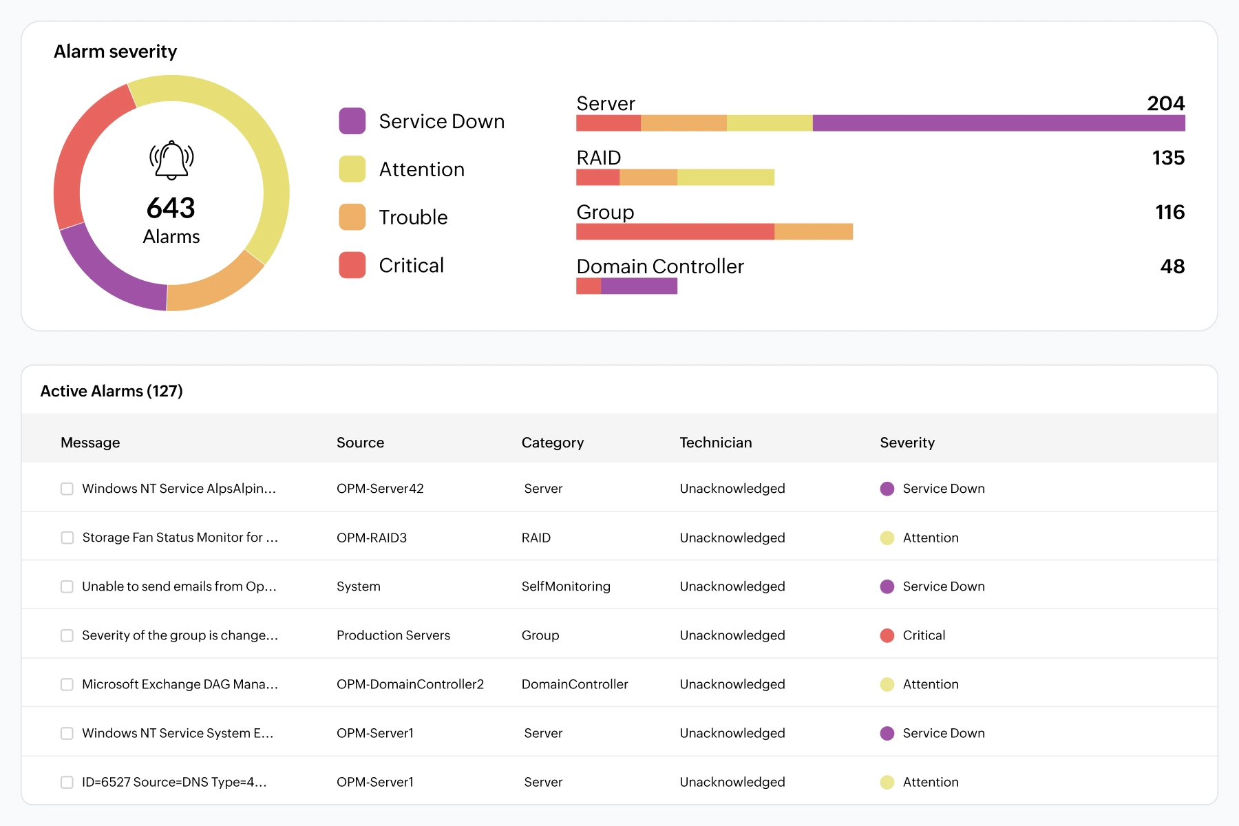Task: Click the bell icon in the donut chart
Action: pos(171,160)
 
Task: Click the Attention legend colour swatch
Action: pos(352,169)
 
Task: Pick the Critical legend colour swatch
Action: pos(352,265)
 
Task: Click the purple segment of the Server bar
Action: pos(999,123)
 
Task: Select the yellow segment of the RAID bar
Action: pos(726,178)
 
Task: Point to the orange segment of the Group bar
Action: pos(814,232)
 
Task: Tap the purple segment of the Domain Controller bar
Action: pos(639,286)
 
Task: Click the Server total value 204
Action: pos(1166,103)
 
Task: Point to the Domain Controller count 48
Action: pos(1172,266)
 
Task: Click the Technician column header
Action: pos(716,443)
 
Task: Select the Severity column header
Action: pos(907,443)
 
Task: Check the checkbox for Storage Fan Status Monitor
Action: pos(67,538)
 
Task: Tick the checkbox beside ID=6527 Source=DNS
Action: pos(67,782)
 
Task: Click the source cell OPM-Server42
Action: pos(380,489)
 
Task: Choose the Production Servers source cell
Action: pos(393,635)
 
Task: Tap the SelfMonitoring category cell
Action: pos(566,586)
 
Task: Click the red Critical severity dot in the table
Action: pos(887,635)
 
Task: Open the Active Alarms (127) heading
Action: pos(112,391)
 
